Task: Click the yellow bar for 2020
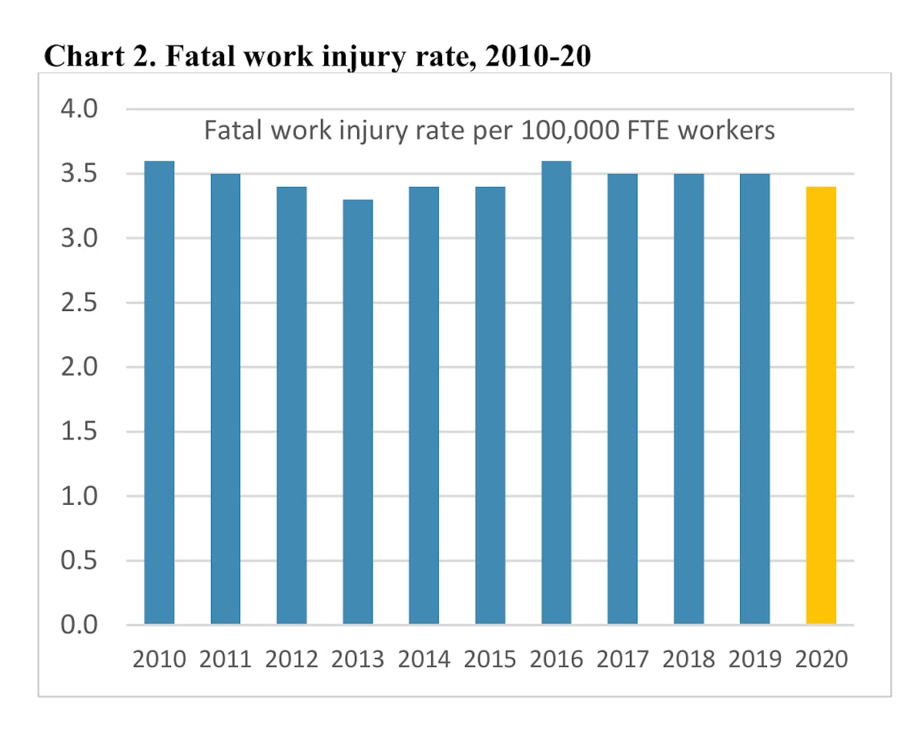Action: click(821, 405)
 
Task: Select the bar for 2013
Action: click(357, 412)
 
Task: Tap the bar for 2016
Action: click(556, 392)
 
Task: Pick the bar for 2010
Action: click(159, 392)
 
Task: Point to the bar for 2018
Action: click(688, 399)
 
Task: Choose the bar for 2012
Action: click(291, 405)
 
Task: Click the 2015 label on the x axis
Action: click(490, 660)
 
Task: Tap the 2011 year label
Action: click(225, 660)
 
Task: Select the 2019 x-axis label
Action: click(755, 660)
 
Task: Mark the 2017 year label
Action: click(622, 660)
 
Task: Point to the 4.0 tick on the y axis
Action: click(79, 109)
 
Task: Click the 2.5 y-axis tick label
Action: click(79, 302)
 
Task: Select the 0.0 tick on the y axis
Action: click(79, 624)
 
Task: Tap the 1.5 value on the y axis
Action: click(79, 432)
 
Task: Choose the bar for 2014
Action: click(423, 405)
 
